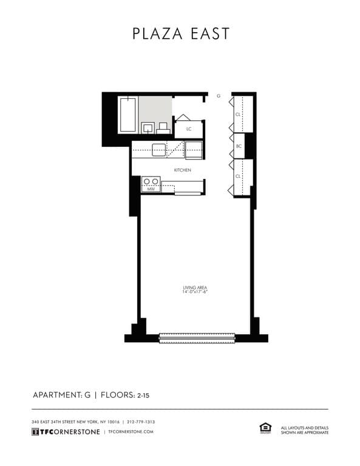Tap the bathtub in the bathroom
127,115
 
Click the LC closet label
189,129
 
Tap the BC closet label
239,146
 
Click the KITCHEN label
183,170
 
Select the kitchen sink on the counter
158,149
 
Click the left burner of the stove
146,181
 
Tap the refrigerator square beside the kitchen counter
194,149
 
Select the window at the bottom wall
196,338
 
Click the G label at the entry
218,96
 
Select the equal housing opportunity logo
265,429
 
